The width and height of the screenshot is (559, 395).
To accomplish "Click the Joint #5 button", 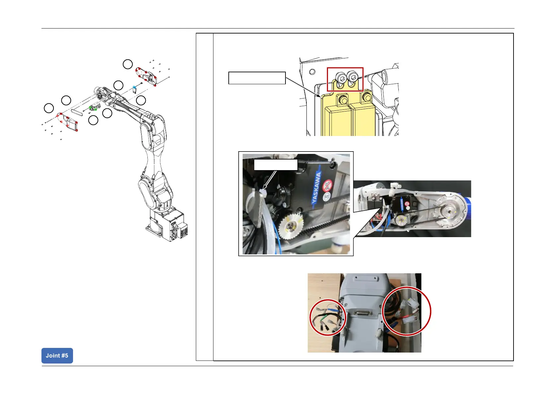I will click(x=57, y=356).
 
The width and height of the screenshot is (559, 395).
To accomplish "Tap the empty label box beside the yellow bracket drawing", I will click(x=257, y=78).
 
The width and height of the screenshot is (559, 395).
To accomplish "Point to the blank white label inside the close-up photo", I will click(x=276, y=165).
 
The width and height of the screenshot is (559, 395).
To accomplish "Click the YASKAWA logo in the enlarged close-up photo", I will click(x=316, y=188).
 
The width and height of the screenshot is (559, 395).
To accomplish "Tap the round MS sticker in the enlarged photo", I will click(x=327, y=196).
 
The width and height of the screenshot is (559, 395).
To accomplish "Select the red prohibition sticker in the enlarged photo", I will click(x=328, y=185).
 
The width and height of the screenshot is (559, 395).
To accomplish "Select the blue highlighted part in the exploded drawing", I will click(x=134, y=88).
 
